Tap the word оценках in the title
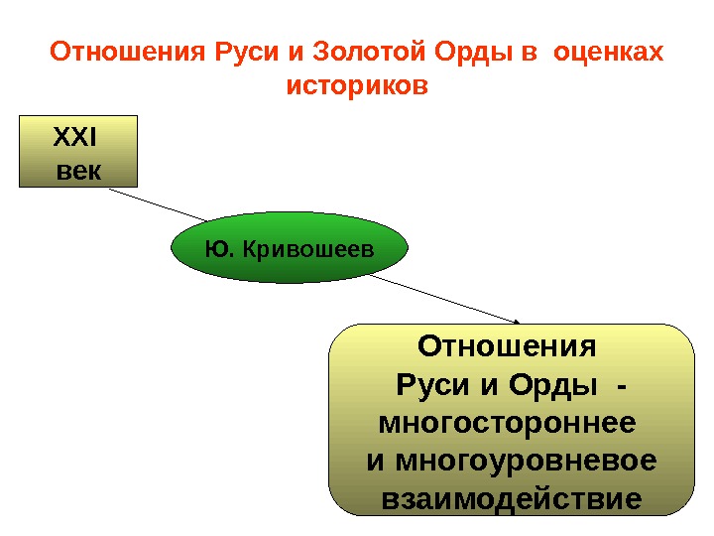pyautogui.click(x=610, y=51)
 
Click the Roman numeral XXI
pyautogui.click(x=77, y=137)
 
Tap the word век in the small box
pyautogui.click(x=77, y=169)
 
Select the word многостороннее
pyautogui.click(x=507, y=424)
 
